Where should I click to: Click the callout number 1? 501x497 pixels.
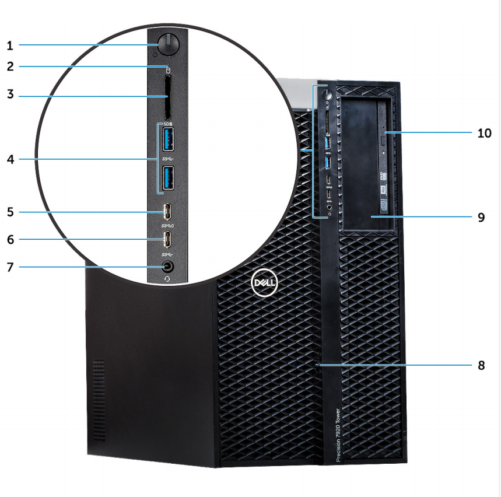10,44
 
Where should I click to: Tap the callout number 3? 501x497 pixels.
10,95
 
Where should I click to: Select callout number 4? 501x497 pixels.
10,158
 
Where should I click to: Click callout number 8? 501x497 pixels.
481,365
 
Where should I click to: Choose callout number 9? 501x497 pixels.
481,216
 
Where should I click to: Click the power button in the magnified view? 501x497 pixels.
169,43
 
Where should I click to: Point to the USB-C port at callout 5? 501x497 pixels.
169,210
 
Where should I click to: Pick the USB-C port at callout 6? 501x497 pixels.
169,239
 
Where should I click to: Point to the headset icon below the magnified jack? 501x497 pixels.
169,278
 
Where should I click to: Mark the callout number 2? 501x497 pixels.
10,66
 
